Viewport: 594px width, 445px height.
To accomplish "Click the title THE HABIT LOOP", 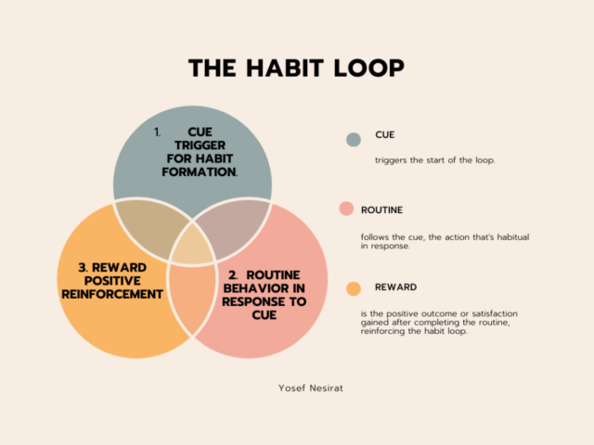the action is coord(296,68).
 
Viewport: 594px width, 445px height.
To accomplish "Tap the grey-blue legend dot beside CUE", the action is coord(354,140).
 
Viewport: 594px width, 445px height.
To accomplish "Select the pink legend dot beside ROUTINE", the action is coord(346,209).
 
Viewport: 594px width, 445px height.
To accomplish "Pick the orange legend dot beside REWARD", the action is coord(354,288).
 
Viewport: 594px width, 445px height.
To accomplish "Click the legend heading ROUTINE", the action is coord(381,210).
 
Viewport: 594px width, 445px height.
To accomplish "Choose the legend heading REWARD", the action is coord(396,287).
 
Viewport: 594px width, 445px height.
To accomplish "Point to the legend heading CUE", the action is coord(385,134).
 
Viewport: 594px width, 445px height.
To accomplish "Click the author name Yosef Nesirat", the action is coord(311,388).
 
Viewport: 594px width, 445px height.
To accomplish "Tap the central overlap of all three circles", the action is coord(192,245).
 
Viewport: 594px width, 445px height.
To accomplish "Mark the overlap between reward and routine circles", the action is coord(192,299).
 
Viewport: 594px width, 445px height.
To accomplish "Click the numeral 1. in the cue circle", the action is coord(157,132).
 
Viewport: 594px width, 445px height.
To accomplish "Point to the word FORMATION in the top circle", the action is coord(199,172).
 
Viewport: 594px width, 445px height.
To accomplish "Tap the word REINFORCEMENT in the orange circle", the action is coord(112,294).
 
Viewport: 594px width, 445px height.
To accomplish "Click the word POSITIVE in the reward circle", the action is coord(112,281).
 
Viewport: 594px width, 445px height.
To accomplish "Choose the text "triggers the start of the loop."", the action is coord(435,160).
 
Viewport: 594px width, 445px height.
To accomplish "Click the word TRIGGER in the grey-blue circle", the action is coord(200,146).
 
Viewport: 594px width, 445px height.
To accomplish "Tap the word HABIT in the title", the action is coord(285,68).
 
